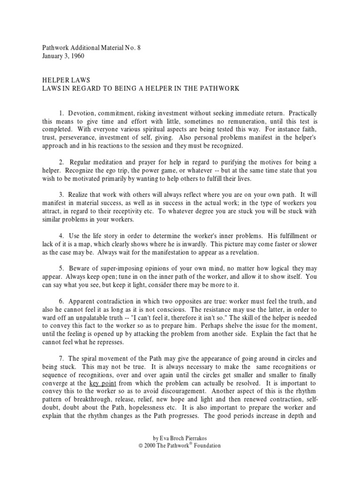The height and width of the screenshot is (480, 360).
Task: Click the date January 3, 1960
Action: pos(60,56)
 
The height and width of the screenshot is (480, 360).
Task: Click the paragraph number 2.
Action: pos(60,162)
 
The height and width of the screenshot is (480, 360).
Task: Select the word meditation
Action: pos(108,162)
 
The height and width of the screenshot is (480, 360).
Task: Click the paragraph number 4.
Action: pos(60,235)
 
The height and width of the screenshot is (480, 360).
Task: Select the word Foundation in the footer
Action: pos(205,445)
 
